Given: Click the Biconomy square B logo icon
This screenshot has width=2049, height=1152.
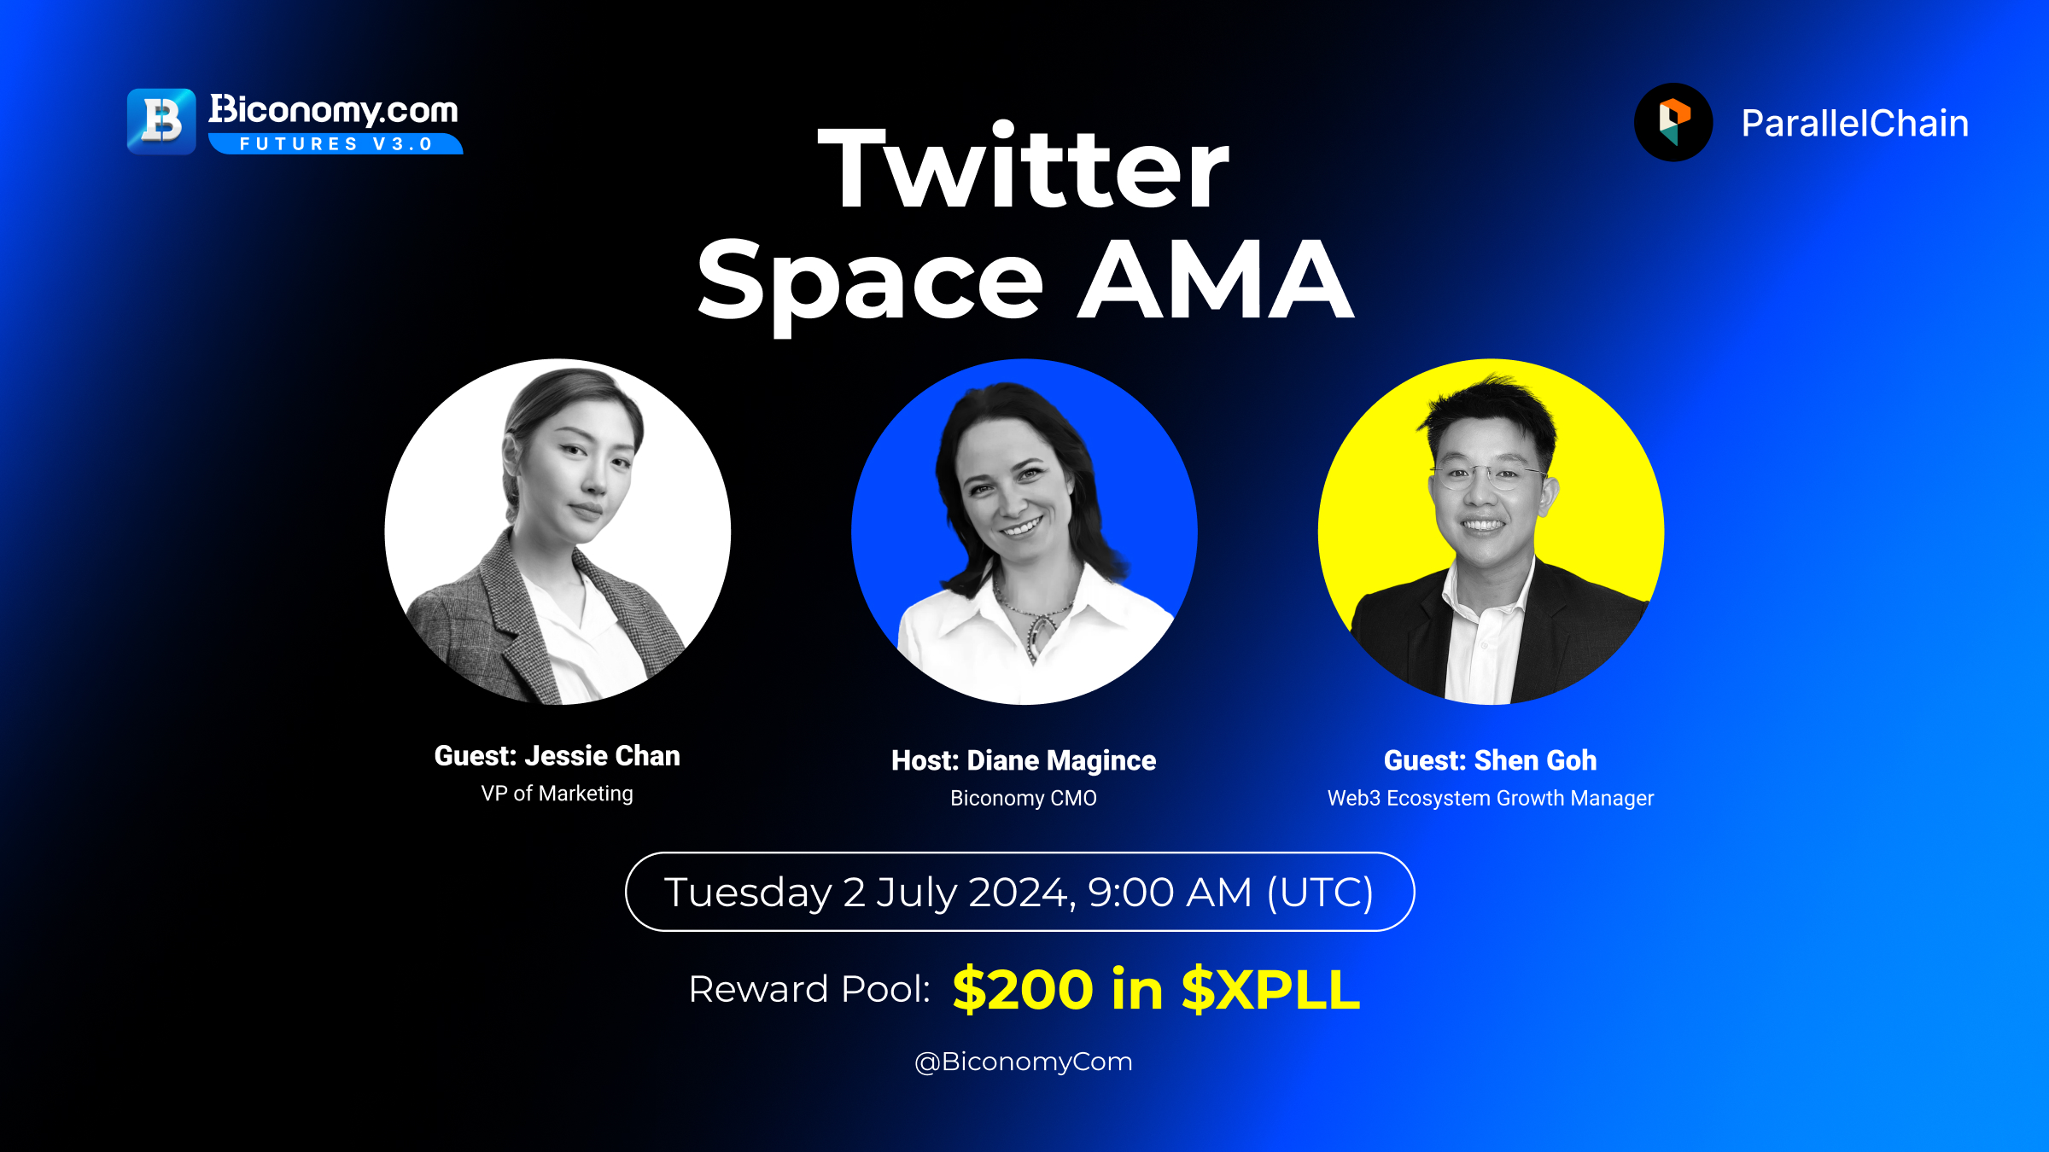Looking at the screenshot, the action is coord(161,121).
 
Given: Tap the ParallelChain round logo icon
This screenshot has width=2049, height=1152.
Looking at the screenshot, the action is coord(1673,122).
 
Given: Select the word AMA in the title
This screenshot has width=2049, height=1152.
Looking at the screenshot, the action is coord(1216,279).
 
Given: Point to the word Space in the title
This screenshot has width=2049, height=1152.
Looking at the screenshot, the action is coord(870,285).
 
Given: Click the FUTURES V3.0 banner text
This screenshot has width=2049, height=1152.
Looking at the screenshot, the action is coord(336,144).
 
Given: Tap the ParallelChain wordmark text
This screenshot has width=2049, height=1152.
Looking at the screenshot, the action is coord(1855,124).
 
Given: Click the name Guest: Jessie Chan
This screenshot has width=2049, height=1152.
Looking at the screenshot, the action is coord(557,756).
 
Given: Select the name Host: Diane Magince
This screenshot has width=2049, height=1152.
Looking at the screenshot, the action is coord(1024,760).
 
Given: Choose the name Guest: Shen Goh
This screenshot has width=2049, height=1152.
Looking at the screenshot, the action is coord(1491,760).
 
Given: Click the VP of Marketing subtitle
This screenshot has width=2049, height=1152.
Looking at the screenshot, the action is coord(557,794).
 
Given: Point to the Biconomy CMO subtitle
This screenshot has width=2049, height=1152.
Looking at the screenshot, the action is coord(1024,799).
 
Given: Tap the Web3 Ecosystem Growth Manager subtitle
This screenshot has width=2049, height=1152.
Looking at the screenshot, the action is coord(1491,799).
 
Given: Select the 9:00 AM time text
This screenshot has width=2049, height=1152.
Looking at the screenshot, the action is coord(1170,893).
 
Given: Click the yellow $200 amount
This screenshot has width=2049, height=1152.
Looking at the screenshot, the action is coord(1023,989).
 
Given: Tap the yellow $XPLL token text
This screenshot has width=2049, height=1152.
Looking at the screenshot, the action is coord(1270,989).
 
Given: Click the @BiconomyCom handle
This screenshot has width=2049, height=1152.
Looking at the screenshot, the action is coord(1024,1062).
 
